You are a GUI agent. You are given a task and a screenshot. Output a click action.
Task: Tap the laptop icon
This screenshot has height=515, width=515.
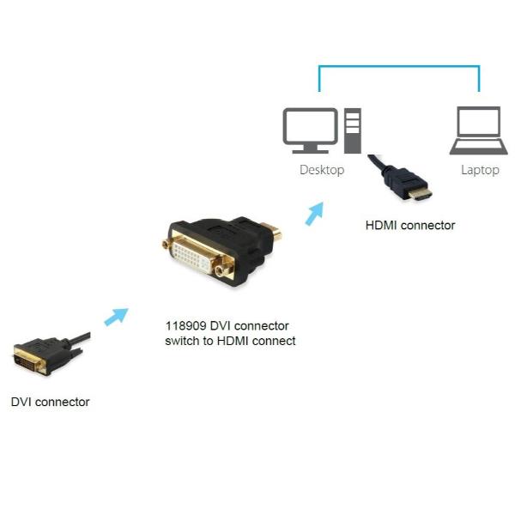coord(479,130)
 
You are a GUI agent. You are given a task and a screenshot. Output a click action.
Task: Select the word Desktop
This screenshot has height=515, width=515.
coord(322,170)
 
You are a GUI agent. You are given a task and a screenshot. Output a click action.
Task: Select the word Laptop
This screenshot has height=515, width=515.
coord(480,170)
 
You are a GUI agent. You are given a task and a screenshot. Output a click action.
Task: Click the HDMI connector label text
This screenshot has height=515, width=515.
coord(410,226)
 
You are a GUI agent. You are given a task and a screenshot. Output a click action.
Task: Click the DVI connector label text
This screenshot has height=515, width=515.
coord(50,402)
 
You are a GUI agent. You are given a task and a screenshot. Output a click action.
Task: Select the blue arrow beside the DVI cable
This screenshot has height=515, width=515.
coord(115,317)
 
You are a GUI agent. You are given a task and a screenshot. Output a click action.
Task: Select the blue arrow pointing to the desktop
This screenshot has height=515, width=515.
coord(315,212)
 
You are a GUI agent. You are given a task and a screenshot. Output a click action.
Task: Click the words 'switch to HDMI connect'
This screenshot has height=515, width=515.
coord(230,341)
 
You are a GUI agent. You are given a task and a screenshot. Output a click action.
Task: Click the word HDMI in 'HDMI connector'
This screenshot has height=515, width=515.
coord(381,226)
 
